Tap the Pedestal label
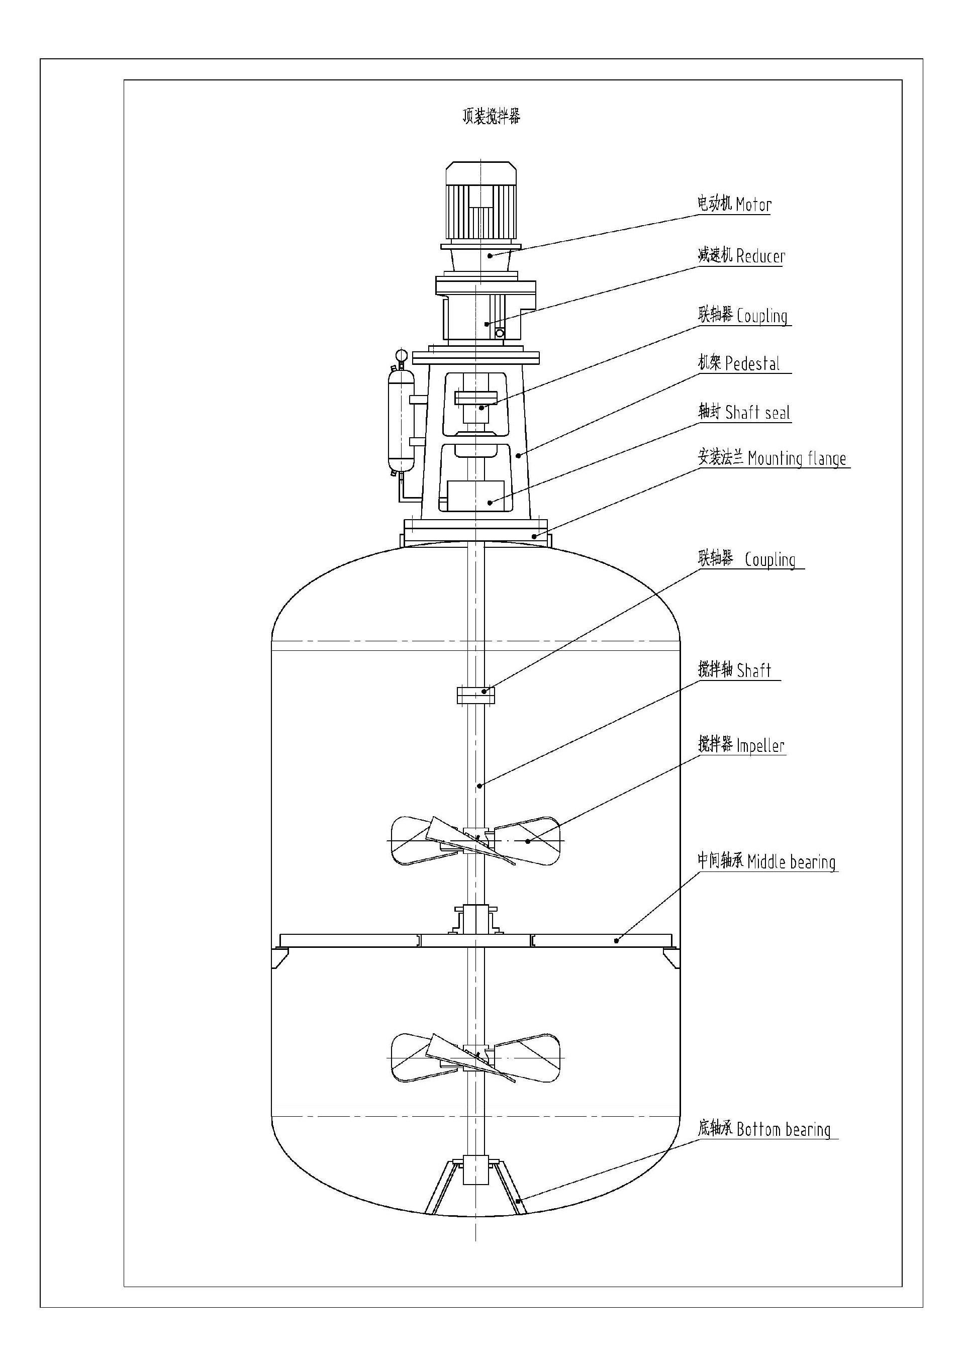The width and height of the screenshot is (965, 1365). click(738, 363)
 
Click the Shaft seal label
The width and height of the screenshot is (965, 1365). click(744, 413)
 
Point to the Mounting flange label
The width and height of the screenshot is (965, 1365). click(772, 458)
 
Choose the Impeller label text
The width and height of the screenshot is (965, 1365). click(741, 745)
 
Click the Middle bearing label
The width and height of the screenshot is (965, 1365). click(766, 861)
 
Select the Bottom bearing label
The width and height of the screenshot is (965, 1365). click(764, 1129)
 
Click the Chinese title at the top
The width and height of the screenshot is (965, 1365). click(491, 116)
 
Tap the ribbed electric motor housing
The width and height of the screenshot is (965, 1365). click(481, 212)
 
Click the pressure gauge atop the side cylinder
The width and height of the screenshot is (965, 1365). click(400, 355)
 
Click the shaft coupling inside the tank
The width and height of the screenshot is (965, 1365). click(475, 695)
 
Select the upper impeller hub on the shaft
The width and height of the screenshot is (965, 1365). click(475, 838)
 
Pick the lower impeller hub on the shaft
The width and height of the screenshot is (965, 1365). click(475, 1055)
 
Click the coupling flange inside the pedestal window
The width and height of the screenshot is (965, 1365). click(475, 398)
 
